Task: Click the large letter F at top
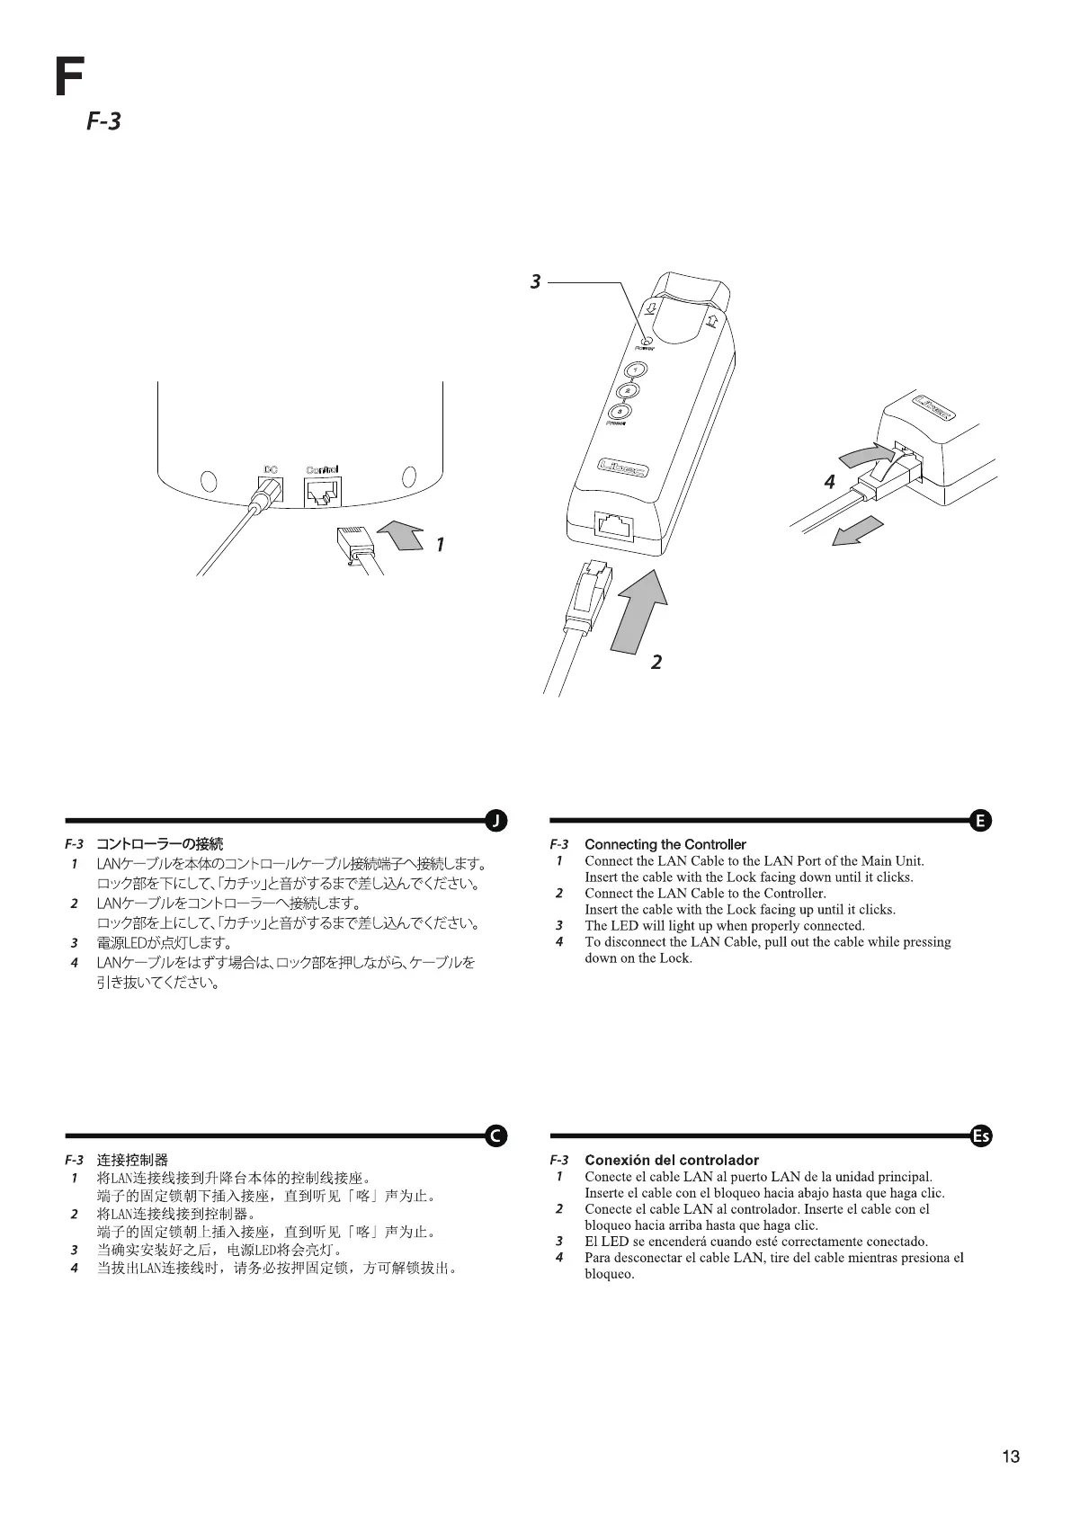pos(68,77)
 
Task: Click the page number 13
pos(1011,1456)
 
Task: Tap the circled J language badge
pos(495,820)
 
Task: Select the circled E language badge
pos(981,820)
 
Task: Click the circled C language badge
pos(495,1135)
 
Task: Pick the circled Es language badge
pos(981,1135)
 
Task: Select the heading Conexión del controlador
pos(671,1160)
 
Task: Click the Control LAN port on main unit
pos(322,493)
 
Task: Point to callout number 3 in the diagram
pos(536,281)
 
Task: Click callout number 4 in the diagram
pos(830,482)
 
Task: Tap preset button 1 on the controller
pos(636,370)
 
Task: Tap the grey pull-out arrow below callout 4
pos(856,531)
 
